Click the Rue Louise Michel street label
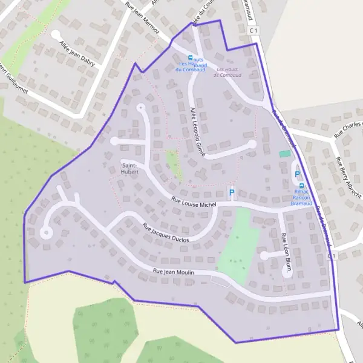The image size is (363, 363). pyautogui.click(x=194, y=204)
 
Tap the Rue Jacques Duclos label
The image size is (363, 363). pyautogui.click(x=165, y=233)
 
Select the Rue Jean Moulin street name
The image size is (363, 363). pyautogui.click(x=174, y=273)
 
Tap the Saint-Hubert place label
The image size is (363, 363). pyautogui.click(x=130, y=168)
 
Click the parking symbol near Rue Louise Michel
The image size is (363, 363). pyautogui.click(x=231, y=193)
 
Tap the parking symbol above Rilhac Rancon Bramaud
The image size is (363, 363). pyautogui.click(x=297, y=174)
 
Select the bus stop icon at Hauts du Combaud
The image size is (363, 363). pyautogui.click(x=191, y=58)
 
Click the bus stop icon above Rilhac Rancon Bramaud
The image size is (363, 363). pyautogui.click(x=301, y=186)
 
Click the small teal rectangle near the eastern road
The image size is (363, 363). pyautogui.click(x=284, y=154)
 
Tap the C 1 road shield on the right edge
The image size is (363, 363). pyautogui.click(x=332, y=256)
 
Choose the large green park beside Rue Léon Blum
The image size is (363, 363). pyautogui.click(x=237, y=245)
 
